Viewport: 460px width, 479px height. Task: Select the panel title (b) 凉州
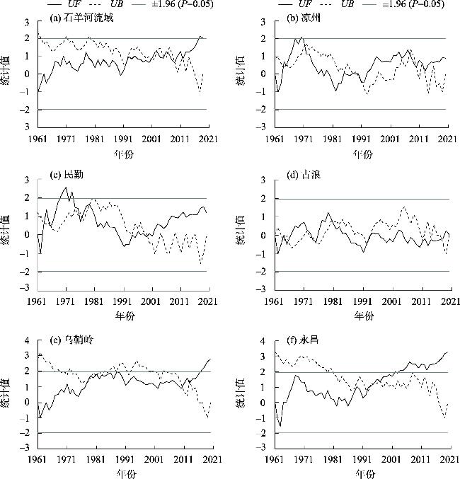301,18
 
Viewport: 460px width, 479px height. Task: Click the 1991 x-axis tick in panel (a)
123,139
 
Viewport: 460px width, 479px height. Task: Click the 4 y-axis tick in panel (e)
27,341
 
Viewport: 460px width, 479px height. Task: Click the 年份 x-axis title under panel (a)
123,153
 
